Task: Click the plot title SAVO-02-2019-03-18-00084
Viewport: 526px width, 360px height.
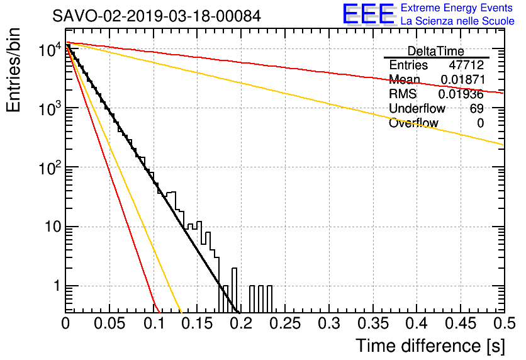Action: pyautogui.click(x=156, y=16)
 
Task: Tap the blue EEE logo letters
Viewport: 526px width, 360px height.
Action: pyautogui.click(x=369, y=14)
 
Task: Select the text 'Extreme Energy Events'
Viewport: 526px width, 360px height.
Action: pyautogui.click(x=457, y=8)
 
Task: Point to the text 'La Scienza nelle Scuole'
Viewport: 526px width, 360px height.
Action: pyautogui.click(x=457, y=21)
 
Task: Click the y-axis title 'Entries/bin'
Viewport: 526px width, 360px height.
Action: pyautogui.click(x=13, y=70)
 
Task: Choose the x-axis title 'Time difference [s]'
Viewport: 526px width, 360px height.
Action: pyautogui.click(x=430, y=346)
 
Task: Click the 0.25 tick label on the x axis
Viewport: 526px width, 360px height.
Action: pyautogui.click(x=285, y=323)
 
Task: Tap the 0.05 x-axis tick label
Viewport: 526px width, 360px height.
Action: pyautogui.click(x=109, y=323)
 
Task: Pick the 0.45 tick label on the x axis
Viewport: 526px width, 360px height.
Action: pyautogui.click(x=461, y=323)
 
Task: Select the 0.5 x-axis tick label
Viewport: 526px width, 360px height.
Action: pyautogui.click(x=505, y=323)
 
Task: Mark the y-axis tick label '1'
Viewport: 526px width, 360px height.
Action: pyautogui.click(x=57, y=286)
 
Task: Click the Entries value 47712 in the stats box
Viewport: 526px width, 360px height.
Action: pyautogui.click(x=466, y=65)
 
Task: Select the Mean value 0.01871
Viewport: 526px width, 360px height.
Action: pyautogui.click(x=462, y=79)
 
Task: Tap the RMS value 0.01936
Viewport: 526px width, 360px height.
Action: pyautogui.click(x=461, y=94)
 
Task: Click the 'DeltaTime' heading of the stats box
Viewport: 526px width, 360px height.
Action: pyautogui.click(x=436, y=51)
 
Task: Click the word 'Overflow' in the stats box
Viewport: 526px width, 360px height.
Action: pyautogui.click(x=413, y=123)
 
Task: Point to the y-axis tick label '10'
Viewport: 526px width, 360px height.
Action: pyautogui.click(x=53, y=227)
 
